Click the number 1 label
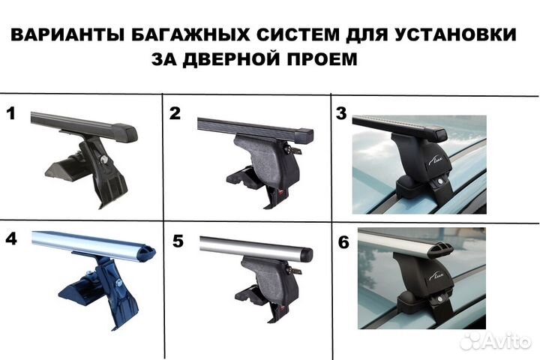(x=10, y=114)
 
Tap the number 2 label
(x=175, y=114)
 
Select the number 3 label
(x=341, y=115)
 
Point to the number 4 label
(x=10, y=240)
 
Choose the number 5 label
(x=178, y=241)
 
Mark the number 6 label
(x=342, y=243)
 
